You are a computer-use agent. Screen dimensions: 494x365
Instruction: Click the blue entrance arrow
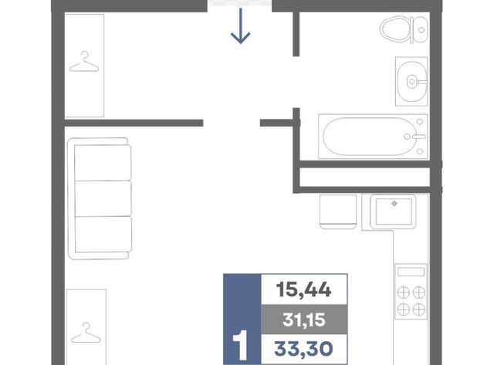coord(240,25)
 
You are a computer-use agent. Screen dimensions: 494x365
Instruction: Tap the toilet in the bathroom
coord(404,29)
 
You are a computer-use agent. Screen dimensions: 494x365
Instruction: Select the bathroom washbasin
coord(411,81)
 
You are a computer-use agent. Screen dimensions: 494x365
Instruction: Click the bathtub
coord(373,137)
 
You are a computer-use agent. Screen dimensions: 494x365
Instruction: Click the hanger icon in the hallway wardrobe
coord(84,62)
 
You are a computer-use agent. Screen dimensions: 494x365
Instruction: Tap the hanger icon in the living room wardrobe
coord(86,333)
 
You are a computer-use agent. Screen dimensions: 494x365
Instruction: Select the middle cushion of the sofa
coord(103,198)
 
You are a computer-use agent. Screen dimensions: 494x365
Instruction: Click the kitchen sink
coord(393,211)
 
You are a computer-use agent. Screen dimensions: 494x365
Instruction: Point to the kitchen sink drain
coord(394,204)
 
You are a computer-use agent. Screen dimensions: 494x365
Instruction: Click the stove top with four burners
coord(411,292)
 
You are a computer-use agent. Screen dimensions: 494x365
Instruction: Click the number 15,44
coord(303,289)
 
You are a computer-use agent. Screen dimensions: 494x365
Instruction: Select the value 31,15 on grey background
coord(304,319)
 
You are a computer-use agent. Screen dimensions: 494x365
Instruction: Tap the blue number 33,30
coord(303,349)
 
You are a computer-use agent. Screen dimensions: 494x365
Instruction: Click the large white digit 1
coord(240,345)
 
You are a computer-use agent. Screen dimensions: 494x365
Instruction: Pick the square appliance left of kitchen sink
coord(338,211)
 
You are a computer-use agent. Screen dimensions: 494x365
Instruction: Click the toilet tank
coord(420,29)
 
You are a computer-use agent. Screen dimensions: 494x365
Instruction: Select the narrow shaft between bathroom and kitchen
coord(364,177)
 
